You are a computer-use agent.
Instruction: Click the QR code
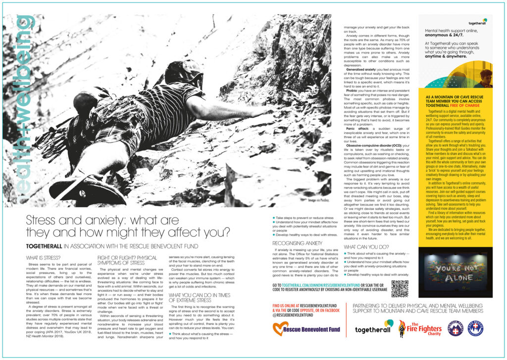[x=400, y=288]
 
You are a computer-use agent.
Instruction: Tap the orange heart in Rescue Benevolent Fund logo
[x=281, y=328]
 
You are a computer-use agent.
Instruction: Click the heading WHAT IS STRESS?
[x=43, y=257]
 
